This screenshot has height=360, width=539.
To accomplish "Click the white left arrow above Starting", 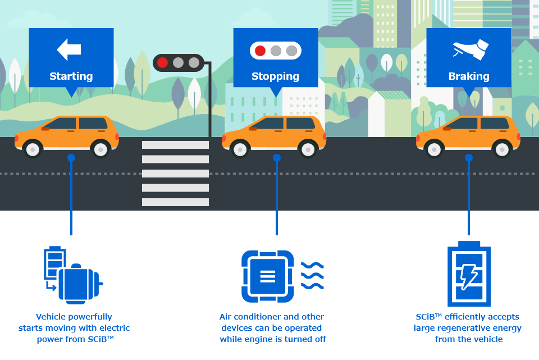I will point(69,49).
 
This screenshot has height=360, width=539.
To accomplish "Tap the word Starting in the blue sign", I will point(71,76).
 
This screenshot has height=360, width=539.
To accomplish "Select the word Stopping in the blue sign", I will point(275,76).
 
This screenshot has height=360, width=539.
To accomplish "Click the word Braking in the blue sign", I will point(468,76).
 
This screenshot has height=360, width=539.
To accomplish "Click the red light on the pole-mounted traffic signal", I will point(162,62).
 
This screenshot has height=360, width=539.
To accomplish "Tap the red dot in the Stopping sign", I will point(260,51).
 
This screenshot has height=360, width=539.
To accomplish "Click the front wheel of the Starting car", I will point(33,149).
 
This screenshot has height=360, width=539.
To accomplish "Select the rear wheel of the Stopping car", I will point(307,149).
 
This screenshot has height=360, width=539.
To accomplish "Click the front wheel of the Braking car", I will point(435,149).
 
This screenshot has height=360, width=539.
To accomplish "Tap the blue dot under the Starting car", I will point(71,158).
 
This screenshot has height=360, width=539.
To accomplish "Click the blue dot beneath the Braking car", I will point(469,158).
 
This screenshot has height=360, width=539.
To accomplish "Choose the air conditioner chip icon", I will point(268,276).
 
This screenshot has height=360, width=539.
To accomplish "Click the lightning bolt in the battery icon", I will point(469,277).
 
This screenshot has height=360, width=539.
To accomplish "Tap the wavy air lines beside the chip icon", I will point(312,276).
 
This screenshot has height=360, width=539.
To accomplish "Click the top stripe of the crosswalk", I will point(175,145).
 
